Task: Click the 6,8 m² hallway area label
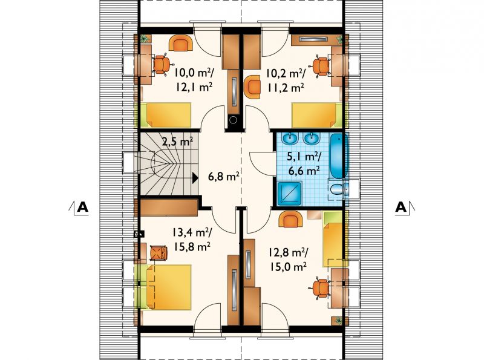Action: coord(224,177)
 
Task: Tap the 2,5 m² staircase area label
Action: coord(177,142)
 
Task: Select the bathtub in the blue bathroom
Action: coord(339,155)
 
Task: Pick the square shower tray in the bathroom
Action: coord(289,193)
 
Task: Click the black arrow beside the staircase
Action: coord(195,178)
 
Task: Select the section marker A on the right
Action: coord(401,207)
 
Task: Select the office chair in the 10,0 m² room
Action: coord(161,64)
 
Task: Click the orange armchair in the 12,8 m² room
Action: coord(290,219)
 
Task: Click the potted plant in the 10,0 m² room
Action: coord(144,39)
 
